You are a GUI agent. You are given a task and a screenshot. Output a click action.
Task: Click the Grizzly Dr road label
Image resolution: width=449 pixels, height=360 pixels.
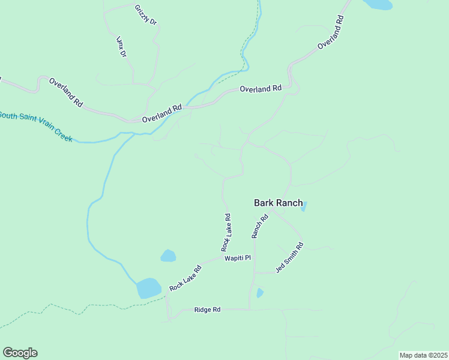tap(146, 14)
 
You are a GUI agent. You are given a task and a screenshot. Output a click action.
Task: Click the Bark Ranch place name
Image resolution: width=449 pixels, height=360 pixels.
tap(279, 203)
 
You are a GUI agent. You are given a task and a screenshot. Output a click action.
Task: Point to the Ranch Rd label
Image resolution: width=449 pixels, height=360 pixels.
tap(259, 226)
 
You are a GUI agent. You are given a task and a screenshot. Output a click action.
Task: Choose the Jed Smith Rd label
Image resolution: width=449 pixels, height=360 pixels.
tap(290, 257)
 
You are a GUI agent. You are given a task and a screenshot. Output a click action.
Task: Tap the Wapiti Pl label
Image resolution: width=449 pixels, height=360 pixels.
tap(237, 258)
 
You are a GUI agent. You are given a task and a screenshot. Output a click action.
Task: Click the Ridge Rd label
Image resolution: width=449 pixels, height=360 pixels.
tap(208, 310)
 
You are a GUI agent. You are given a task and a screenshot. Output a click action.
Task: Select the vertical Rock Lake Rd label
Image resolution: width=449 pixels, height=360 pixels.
tap(226, 232)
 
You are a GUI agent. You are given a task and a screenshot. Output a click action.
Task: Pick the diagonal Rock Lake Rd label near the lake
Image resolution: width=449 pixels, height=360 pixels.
tap(185, 278)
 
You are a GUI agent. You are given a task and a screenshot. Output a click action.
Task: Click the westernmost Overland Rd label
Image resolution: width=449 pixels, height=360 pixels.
tap(66, 92)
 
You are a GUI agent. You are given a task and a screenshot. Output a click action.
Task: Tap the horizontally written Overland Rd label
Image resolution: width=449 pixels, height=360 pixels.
tap(261, 89)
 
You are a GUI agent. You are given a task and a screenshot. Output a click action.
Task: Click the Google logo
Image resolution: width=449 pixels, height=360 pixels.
tap(20, 353)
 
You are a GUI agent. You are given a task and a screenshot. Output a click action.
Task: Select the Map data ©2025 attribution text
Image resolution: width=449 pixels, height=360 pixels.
tap(423, 355)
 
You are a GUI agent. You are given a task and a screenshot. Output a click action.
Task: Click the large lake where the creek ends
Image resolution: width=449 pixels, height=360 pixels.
tap(149, 288)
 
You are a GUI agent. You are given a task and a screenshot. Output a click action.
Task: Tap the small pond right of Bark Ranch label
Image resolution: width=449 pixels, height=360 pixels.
tap(304, 206)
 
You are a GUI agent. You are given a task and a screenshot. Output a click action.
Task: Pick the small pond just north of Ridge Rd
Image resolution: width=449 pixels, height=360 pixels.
tap(260, 293)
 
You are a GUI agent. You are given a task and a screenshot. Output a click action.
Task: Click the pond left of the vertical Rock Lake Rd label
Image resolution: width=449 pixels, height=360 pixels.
tap(168, 256)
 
